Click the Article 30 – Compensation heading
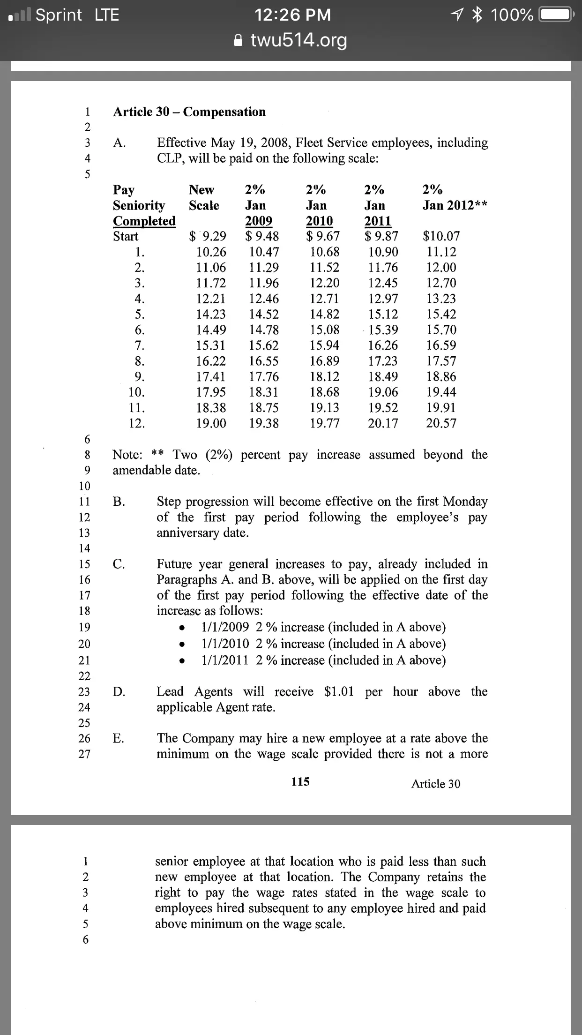click(189, 112)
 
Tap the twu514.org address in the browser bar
click(299, 41)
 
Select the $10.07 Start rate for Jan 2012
click(441, 236)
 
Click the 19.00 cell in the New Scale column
click(211, 423)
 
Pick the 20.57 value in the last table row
click(441, 423)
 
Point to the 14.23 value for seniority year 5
click(211, 314)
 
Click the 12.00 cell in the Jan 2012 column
click(441, 267)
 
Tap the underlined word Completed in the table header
click(144, 221)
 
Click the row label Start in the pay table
click(126, 236)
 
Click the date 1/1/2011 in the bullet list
click(225, 660)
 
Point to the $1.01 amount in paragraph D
click(339, 691)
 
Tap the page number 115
click(300, 781)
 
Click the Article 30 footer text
click(436, 784)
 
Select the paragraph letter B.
click(119, 502)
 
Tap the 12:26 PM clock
click(293, 15)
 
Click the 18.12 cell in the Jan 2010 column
click(325, 376)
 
